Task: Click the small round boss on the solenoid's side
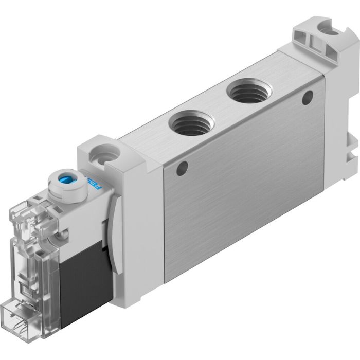pyautogui.click(x=64, y=235)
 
